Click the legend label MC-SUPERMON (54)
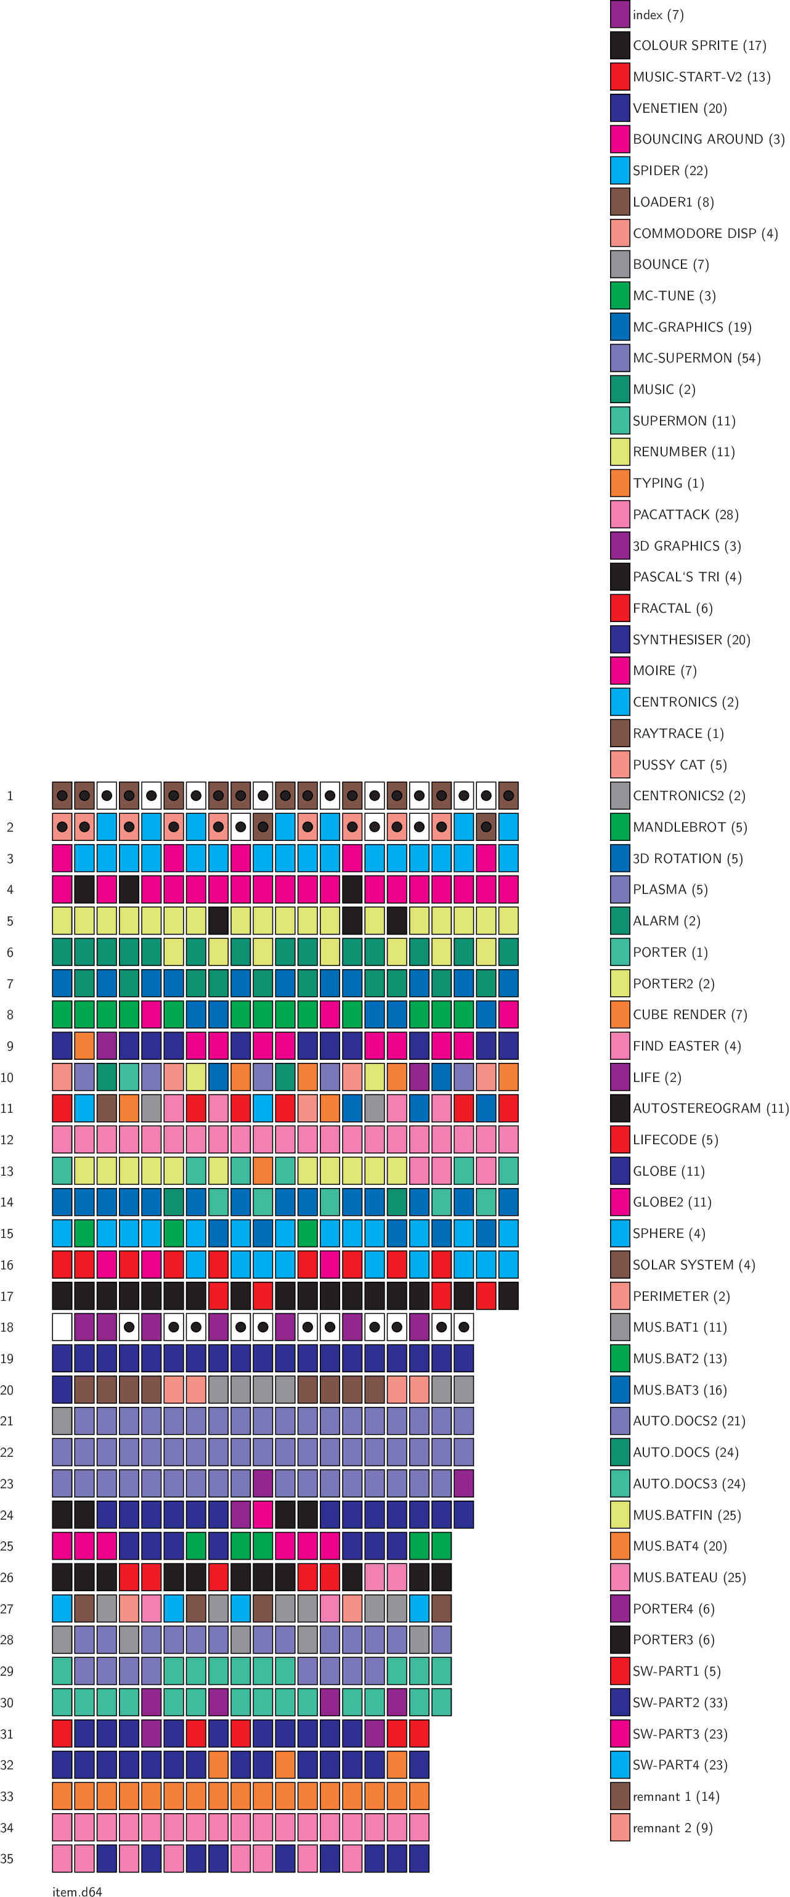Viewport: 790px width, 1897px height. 696,358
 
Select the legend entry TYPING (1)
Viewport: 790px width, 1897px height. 668,483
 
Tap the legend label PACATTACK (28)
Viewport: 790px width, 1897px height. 685,515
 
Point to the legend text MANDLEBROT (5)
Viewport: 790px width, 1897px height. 689,827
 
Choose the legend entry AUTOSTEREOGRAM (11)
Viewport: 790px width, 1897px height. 710,1108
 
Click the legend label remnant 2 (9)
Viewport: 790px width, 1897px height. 672,1828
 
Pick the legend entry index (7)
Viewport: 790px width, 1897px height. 658,15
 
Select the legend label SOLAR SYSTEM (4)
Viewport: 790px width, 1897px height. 693,1264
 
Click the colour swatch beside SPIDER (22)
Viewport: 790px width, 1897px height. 620,170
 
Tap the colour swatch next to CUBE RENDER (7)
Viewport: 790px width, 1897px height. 620,1015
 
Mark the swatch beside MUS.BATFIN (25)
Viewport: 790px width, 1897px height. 620,1515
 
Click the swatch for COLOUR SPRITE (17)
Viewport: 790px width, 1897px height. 620,46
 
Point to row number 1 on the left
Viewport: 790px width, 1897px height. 10,796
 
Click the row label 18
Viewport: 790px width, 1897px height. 7,1327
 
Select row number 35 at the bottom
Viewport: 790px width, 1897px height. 7,1859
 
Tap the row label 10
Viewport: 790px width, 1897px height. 7,1078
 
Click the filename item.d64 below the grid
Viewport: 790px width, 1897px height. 77,1890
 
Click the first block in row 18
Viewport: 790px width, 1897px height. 62,1327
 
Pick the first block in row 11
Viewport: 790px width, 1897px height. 62,1108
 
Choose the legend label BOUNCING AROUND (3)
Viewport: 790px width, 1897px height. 708,139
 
